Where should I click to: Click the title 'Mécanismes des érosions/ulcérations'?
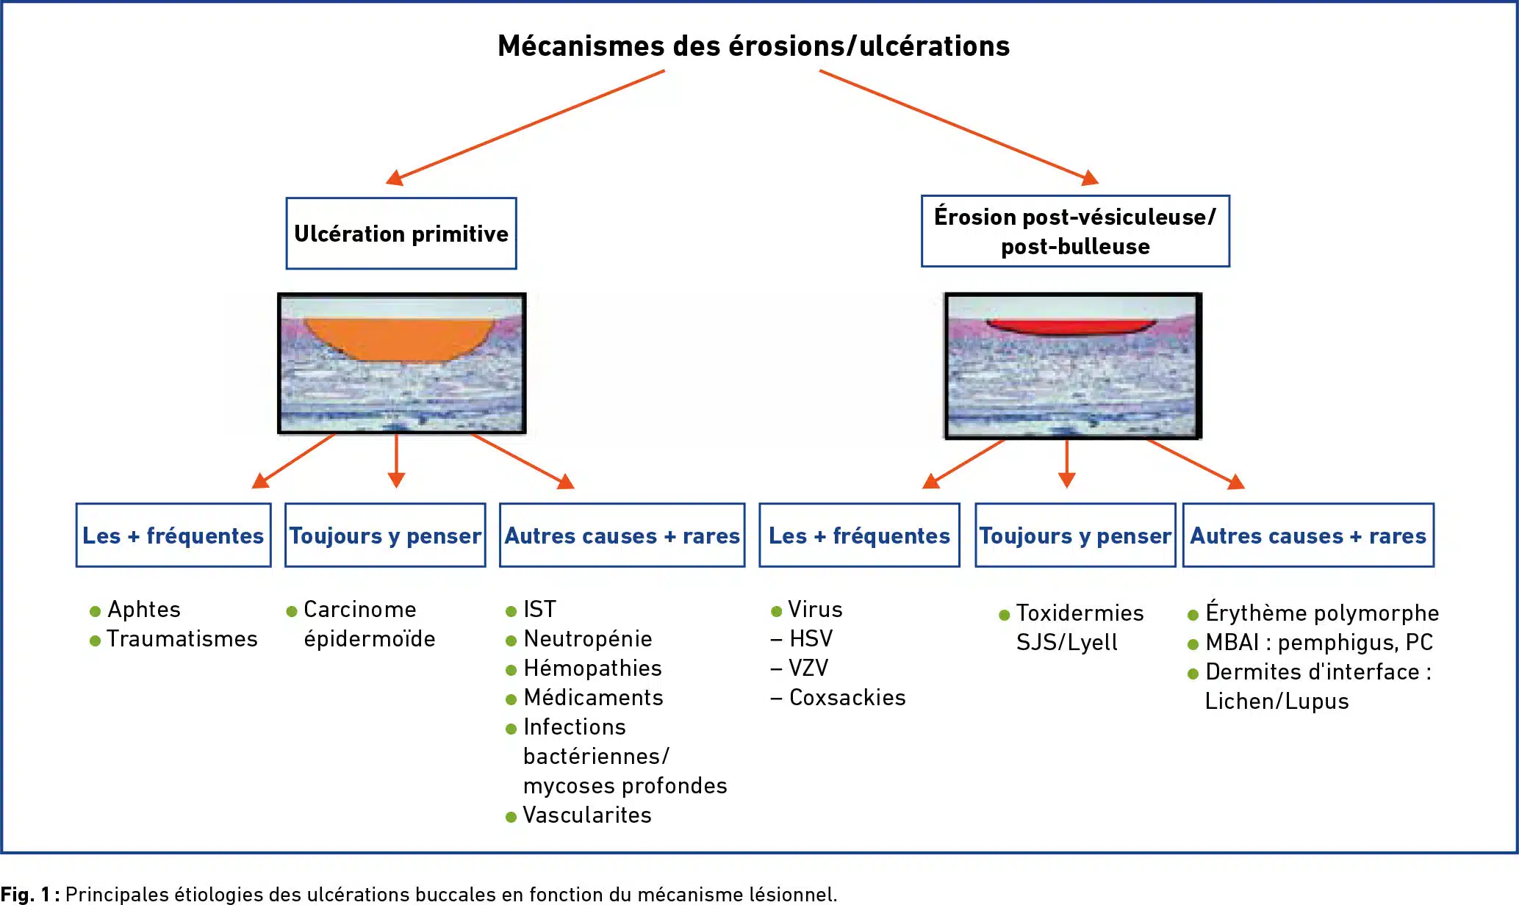753,46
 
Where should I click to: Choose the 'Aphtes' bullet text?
144,610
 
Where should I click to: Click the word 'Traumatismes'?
182,639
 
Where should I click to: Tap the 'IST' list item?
539,610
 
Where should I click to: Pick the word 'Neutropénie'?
588,639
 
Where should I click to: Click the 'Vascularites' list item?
587,815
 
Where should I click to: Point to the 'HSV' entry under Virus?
811,639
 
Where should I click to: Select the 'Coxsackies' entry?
847,698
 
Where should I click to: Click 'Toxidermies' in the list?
1080,613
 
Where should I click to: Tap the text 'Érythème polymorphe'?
1322,611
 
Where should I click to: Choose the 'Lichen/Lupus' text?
1277,702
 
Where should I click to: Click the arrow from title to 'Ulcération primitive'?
525,127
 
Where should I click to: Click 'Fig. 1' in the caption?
25,894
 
